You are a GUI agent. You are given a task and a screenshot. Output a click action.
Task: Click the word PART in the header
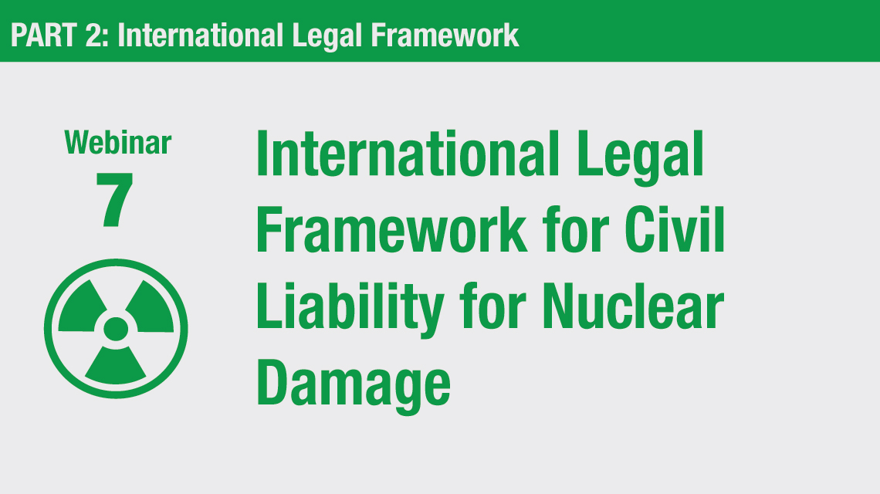(44, 36)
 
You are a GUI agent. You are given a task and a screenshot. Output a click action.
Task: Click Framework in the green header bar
(445, 36)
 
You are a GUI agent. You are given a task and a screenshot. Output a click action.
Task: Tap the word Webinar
(118, 143)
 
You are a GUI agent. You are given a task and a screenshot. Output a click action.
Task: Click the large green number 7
(114, 199)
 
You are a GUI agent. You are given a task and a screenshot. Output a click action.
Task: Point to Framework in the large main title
(391, 229)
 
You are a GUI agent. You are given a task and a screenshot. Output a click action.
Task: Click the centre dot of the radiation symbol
(116, 329)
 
